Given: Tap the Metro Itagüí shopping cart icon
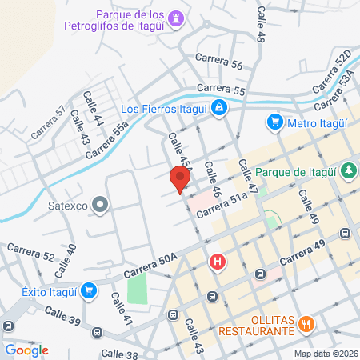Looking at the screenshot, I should [x=275, y=122].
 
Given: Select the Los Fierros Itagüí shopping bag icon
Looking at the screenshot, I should [x=218, y=108].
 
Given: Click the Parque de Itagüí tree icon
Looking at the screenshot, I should [x=348, y=170].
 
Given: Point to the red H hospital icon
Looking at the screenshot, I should [x=217, y=262].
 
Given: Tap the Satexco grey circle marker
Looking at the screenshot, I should [x=100, y=206].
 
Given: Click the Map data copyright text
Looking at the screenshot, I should [x=325, y=353].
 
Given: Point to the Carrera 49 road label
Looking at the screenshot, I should [x=304, y=258].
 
